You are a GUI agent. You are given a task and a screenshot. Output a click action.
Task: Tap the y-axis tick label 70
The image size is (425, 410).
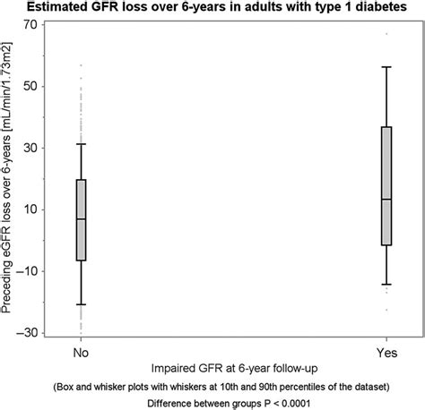pos(30,24)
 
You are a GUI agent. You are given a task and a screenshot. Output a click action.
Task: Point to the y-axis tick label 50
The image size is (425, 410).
pos(30,86)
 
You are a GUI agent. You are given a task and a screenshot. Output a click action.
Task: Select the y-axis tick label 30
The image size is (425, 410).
pos(30,148)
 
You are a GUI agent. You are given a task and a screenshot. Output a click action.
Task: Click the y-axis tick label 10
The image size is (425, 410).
pos(30,209)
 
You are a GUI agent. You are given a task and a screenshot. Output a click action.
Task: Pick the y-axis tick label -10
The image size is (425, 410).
pos(28,271)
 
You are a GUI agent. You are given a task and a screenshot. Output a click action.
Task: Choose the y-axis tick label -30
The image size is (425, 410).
pos(28,332)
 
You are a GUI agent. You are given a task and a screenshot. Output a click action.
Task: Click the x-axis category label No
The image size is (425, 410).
pos(82,353)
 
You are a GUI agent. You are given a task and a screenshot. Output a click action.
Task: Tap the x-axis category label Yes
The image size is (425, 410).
pos(386,353)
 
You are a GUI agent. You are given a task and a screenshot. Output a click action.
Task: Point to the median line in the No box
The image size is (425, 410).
pos(82,219)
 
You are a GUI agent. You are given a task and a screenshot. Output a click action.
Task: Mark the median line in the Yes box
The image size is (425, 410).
pos(386,199)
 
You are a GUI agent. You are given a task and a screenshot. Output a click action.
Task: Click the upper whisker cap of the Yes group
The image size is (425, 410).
pos(386,67)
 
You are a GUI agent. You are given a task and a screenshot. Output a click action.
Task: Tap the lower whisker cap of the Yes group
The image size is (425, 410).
pos(386,285)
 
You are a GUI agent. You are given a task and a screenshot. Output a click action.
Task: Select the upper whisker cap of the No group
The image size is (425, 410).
pos(82,144)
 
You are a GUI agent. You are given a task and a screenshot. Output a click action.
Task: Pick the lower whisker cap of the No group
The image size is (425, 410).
pos(82,304)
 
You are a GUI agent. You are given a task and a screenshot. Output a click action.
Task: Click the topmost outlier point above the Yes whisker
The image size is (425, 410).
pos(386,34)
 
